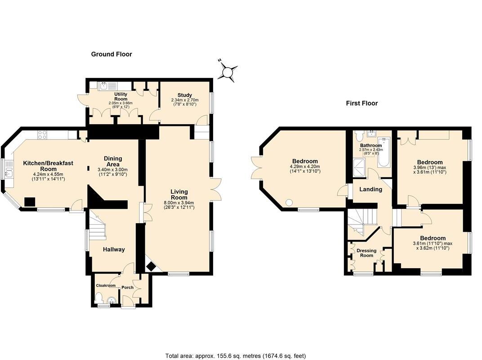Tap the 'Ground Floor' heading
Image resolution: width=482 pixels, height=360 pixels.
112,54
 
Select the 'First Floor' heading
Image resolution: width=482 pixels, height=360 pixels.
361,103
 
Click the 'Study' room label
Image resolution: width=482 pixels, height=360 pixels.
184,95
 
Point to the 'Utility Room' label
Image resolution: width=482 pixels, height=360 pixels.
120,96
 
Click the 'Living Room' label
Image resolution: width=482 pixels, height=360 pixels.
179,194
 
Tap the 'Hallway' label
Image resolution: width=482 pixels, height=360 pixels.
114,249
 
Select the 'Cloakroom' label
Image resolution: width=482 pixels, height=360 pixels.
106,285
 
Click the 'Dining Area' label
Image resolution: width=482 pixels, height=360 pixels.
113,161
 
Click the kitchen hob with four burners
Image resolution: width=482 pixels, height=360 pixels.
42,134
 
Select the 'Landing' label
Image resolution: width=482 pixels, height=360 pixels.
370,189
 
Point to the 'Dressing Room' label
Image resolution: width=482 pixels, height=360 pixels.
366,253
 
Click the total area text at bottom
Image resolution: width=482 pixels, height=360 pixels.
235,355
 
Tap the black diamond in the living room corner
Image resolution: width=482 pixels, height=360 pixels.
152,267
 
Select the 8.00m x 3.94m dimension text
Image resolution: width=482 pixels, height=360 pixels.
179,202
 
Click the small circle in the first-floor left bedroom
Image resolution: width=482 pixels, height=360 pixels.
289,202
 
